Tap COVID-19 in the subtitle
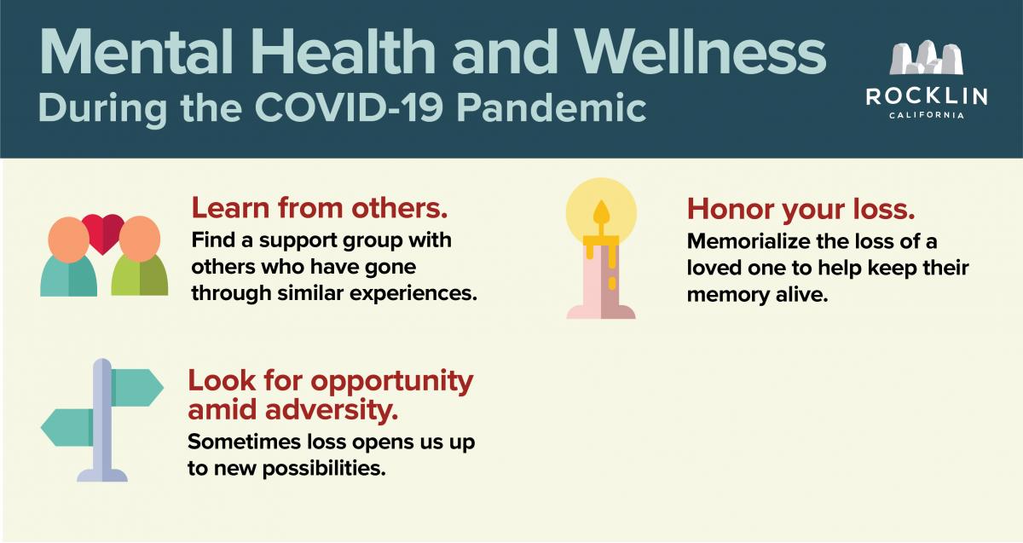pyautogui.click(x=349, y=107)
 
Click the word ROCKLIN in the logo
pyautogui.click(x=926, y=97)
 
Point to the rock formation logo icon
pyautogui.click(x=926, y=58)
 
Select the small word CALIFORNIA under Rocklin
pyautogui.click(x=927, y=116)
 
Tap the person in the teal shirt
pyautogui.click(x=68, y=257)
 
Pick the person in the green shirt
pyautogui.click(x=140, y=257)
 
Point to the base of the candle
pyautogui.click(x=601, y=311)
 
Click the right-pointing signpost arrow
pyautogui.click(x=136, y=387)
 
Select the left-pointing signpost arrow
pyautogui.click(x=67, y=427)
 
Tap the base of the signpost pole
pyautogui.click(x=102, y=475)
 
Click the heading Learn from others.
pyautogui.click(x=319, y=208)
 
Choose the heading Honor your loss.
pyautogui.click(x=801, y=210)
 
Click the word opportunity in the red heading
pyautogui.click(x=392, y=381)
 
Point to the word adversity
pyautogui.click(x=332, y=410)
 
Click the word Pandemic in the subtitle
pyautogui.click(x=552, y=107)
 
